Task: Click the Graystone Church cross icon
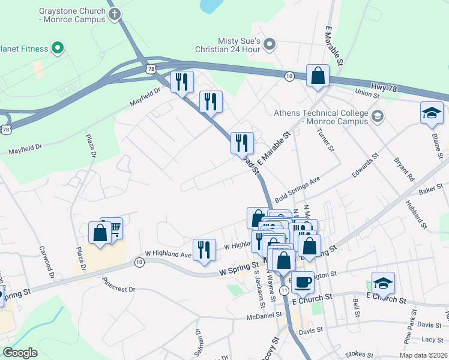115,14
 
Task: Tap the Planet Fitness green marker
58,47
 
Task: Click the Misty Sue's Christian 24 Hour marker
270,43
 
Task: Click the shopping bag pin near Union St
318,76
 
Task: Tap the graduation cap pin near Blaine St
432,113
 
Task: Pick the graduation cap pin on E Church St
383,282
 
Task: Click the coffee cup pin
303,281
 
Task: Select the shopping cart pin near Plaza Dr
112,227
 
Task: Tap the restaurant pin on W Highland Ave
204,249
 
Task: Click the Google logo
20,353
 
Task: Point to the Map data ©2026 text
423,355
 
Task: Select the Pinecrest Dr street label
119,284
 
